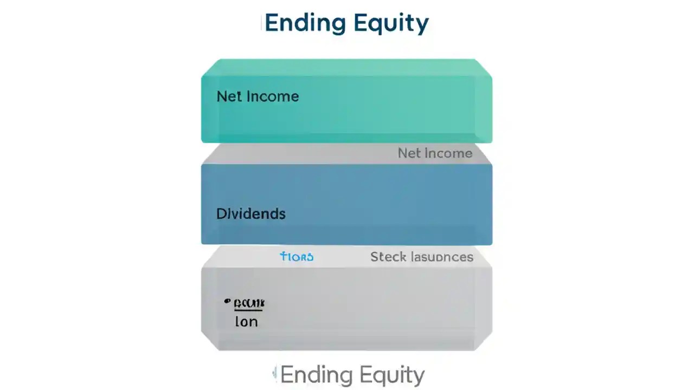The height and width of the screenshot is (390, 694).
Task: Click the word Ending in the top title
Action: pos(305,23)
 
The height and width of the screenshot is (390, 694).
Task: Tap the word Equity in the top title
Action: pos(390,24)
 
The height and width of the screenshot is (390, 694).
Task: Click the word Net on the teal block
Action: pos(229,96)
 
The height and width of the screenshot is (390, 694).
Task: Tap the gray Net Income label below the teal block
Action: pos(435,153)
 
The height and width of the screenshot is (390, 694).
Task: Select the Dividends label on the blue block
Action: pos(250,213)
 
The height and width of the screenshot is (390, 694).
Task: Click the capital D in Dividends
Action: pos(221,213)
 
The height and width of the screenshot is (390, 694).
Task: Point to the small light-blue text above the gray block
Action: pos(297,257)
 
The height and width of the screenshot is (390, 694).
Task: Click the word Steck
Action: pos(388,257)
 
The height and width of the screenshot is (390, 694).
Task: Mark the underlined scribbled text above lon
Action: pos(249,304)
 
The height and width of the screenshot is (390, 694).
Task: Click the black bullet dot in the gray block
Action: pos(227,301)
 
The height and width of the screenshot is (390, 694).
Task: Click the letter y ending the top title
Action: pos(422,25)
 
